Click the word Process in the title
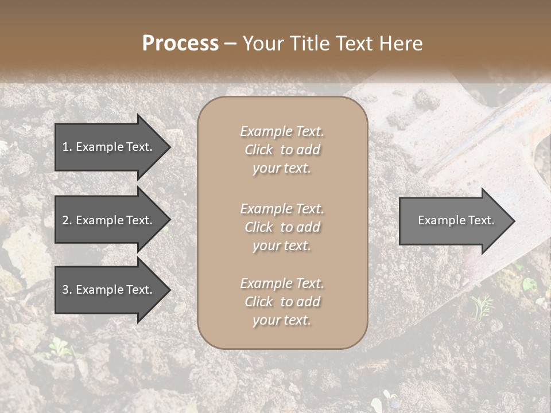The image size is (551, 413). [x=180, y=44]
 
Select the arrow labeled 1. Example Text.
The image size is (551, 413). [x=109, y=147]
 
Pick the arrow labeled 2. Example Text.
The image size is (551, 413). [x=109, y=220]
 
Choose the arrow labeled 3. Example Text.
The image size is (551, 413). [x=109, y=290]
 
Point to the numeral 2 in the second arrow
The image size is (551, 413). [x=65, y=220]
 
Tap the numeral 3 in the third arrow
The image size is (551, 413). [x=65, y=290]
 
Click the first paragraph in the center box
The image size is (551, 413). [x=282, y=150]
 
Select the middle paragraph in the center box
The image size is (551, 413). [x=282, y=227]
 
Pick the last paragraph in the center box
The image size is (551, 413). [x=282, y=302]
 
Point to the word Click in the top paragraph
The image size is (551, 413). [x=259, y=150]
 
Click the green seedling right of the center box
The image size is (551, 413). [x=481, y=305]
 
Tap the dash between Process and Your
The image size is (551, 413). [x=231, y=44]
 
